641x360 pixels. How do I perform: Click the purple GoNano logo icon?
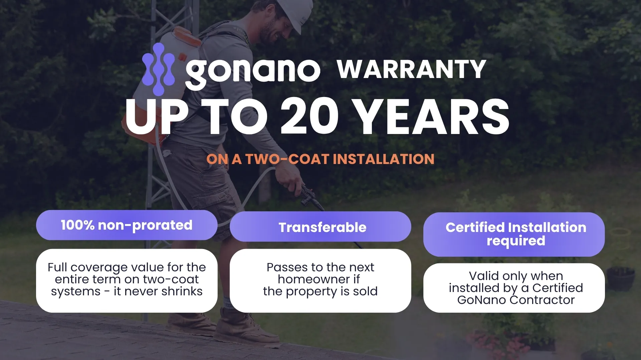[x=158, y=69]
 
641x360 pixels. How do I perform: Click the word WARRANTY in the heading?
[x=411, y=69]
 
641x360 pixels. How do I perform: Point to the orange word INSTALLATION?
[x=384, y=159]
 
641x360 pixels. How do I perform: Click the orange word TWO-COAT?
[x=287, y=159]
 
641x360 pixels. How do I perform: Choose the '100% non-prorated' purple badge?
[x=127, y=225]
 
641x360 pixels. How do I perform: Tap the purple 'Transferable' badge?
[x=320, y=227]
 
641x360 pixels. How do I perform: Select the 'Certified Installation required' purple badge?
[x=514, y=234]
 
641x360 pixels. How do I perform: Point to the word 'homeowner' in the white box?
[x=313, y=279]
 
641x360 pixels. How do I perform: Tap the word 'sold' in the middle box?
[x=365, y=291]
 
